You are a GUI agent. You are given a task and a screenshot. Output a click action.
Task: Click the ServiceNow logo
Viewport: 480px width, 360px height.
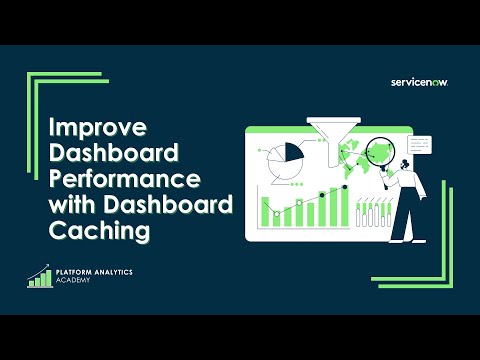[x=419, y=82]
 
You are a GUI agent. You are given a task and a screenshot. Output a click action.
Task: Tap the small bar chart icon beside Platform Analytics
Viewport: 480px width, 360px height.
[x=40, y=276]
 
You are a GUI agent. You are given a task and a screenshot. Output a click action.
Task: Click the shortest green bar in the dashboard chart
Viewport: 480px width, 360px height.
[x=266, y=217]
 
